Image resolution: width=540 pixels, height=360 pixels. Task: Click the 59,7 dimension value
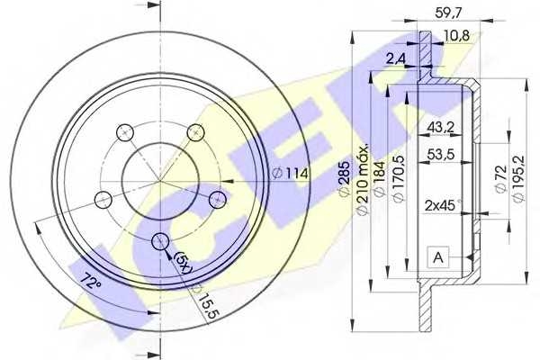pos(448,13)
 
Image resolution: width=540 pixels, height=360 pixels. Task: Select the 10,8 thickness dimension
pos(455,35)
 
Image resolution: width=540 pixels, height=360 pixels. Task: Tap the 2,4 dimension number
pos(395,58)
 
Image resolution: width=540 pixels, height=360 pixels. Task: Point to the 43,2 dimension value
pos(441,128)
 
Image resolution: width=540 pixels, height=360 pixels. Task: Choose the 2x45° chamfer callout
pos(443,206)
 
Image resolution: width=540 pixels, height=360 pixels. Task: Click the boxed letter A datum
pos(438,257)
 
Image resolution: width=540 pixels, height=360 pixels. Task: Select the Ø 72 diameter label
pos(500,179)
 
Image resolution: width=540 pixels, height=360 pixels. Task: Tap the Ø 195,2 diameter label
pos(518,178)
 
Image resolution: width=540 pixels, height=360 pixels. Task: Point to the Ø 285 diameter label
pos(344,179)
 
